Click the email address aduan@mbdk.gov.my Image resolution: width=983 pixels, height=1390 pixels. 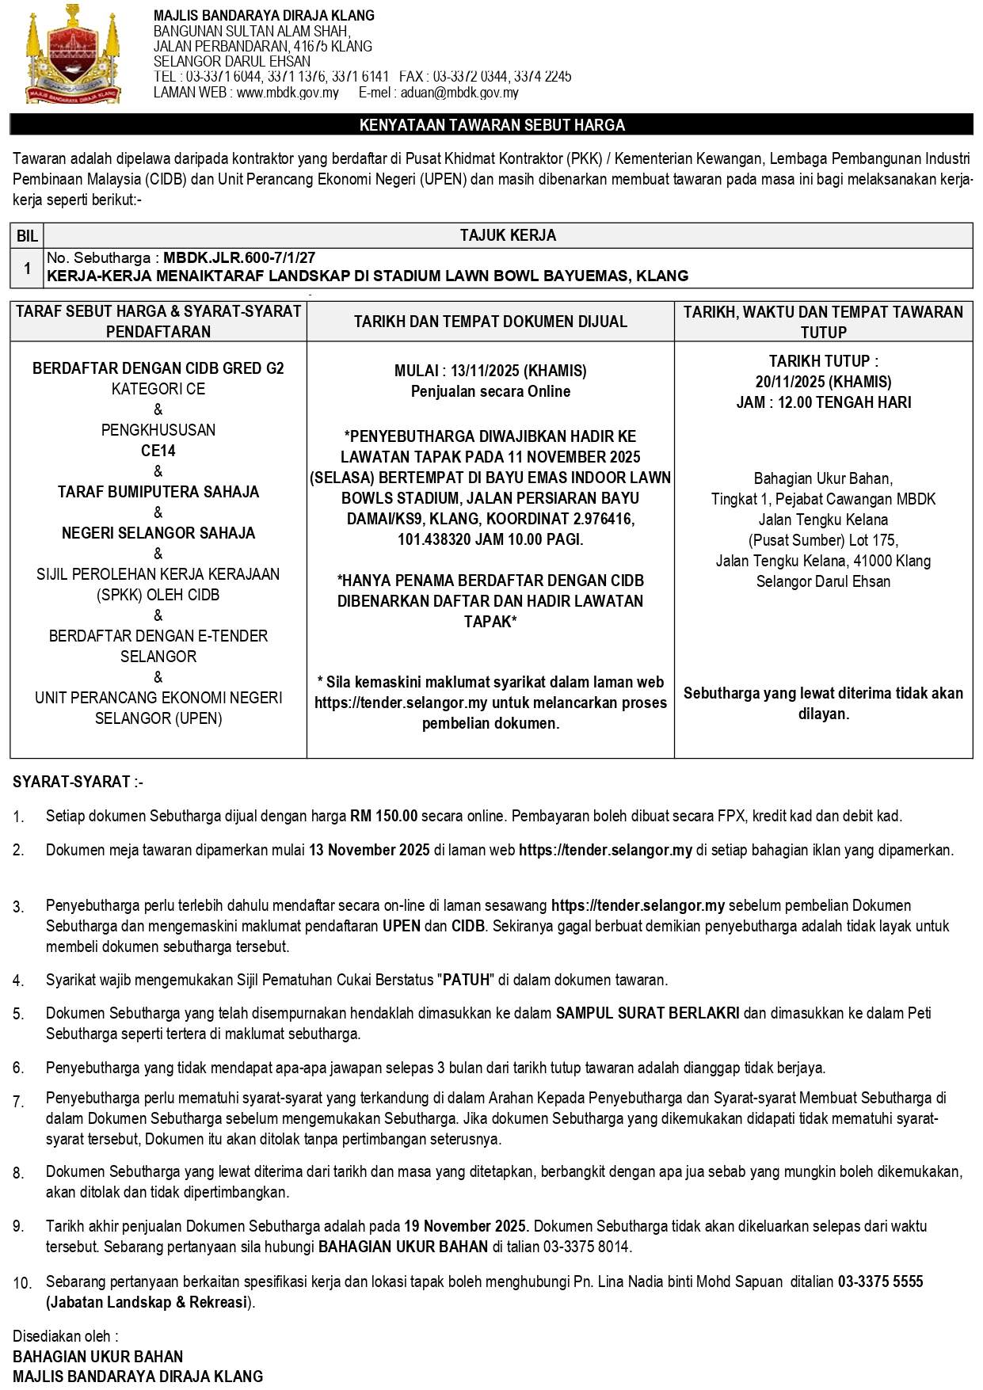click(459, 93)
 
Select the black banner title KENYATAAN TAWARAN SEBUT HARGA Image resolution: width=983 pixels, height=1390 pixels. click(492, 125)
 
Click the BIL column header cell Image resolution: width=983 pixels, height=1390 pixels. click(27, 236)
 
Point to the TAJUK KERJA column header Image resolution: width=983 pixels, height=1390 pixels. click(508, 236)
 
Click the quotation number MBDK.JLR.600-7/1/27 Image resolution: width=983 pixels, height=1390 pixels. click(239, 258)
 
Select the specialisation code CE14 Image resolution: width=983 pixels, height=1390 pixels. click(158, 451)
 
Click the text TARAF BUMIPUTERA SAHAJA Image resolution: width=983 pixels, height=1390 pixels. click(158, 493)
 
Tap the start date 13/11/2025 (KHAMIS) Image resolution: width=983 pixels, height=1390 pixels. click(519, 371)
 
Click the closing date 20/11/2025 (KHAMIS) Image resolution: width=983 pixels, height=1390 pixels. click(823, 382)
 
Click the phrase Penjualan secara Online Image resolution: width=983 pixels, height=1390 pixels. click(490, 391)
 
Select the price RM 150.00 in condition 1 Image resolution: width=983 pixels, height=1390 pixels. click(383, 816)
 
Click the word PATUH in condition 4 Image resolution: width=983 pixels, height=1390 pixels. click(467, 981)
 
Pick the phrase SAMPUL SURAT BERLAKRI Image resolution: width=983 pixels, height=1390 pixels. click(647, 1013)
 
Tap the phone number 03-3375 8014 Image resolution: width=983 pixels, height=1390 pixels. click(586, 1247)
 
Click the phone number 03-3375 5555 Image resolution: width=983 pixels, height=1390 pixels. click(880, 1281)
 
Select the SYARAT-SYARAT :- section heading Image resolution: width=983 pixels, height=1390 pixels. click(78, 783)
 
